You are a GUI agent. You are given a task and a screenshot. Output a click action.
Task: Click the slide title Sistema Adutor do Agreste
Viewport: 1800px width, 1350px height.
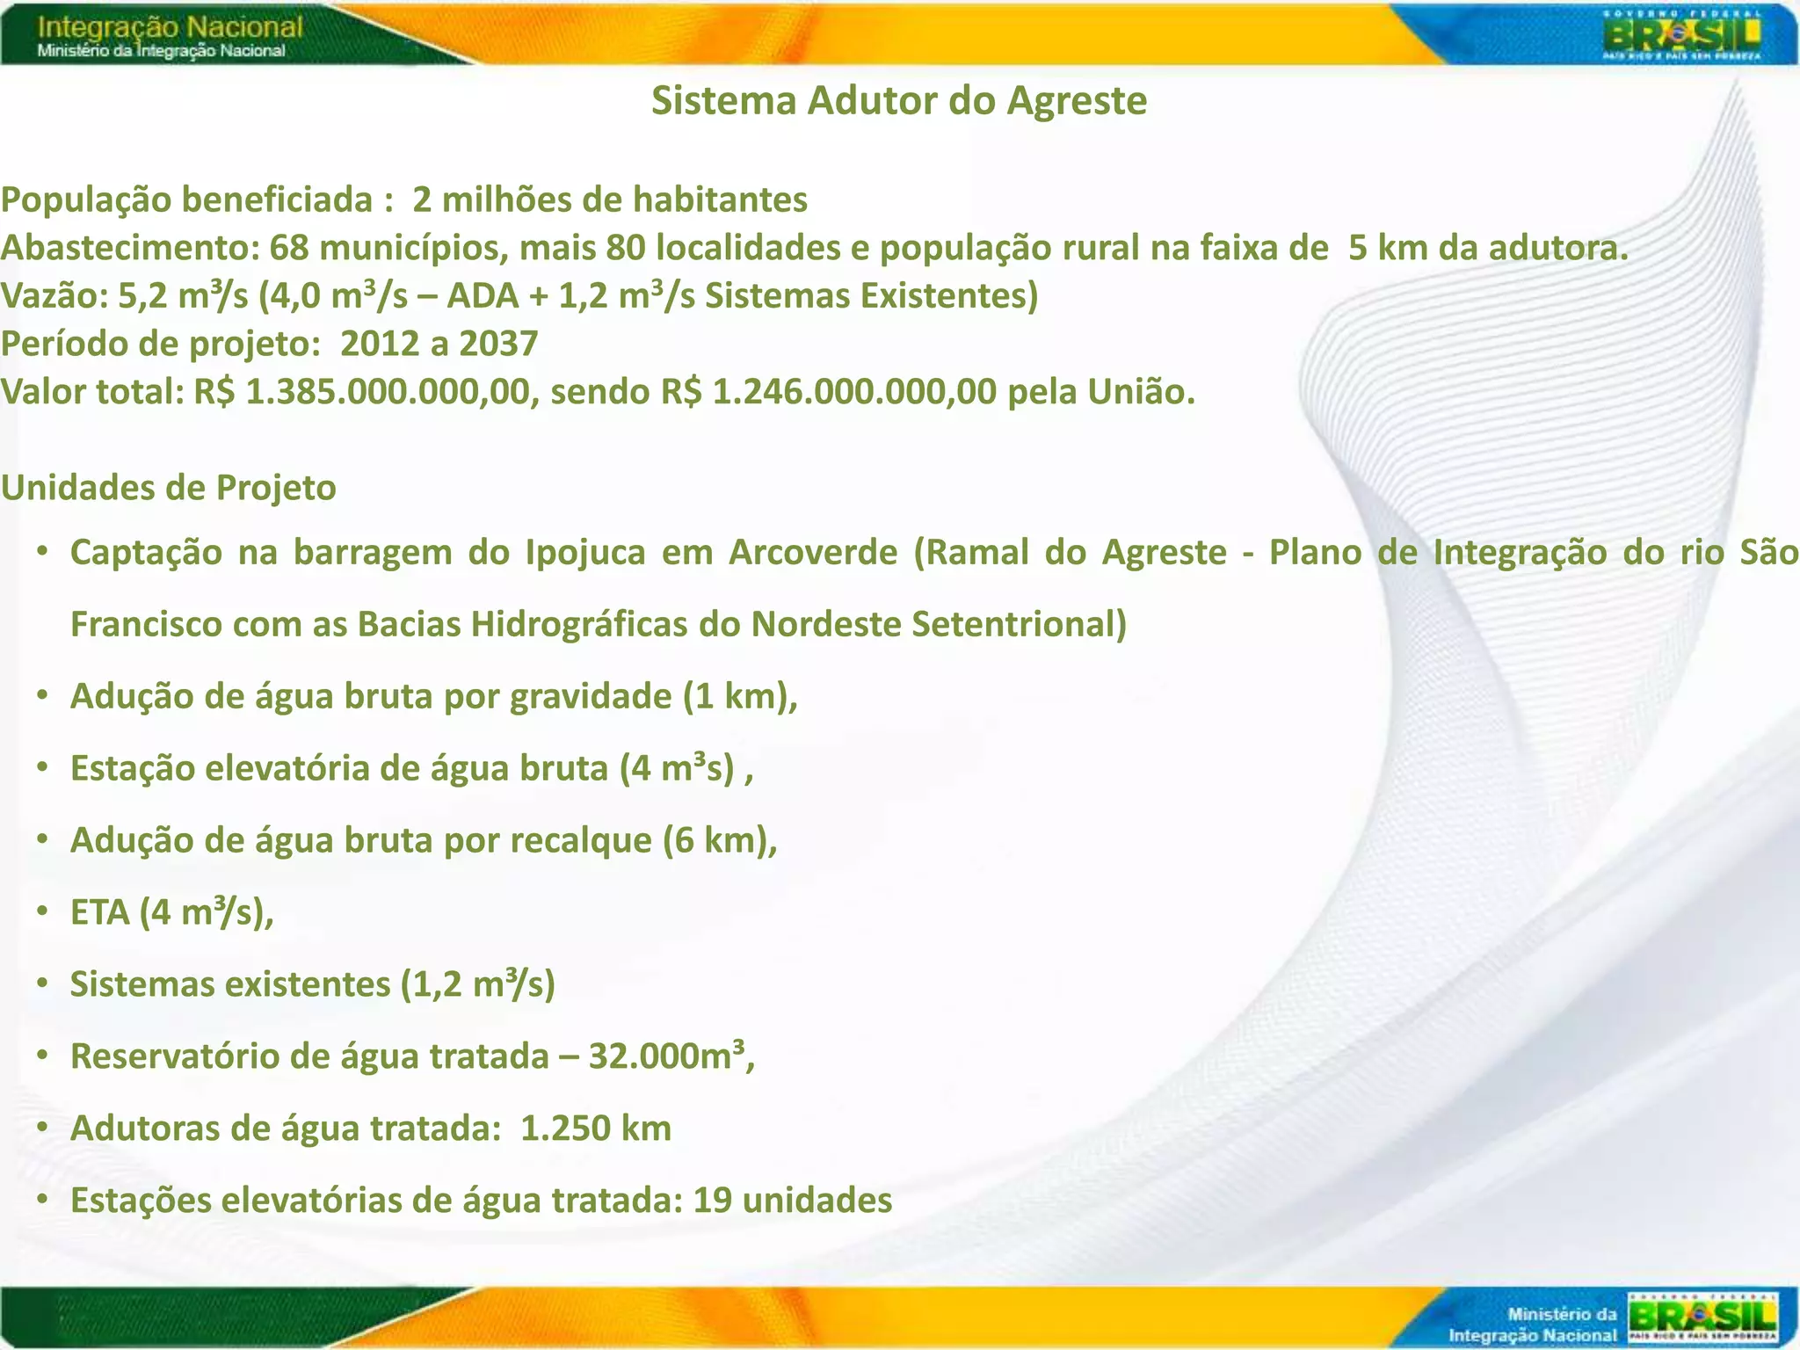tap(898, 101)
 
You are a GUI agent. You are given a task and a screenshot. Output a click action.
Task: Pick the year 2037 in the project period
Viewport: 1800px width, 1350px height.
tap(498, 344)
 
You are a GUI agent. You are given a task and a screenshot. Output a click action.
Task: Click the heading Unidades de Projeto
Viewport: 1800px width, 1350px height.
tap(169, 488)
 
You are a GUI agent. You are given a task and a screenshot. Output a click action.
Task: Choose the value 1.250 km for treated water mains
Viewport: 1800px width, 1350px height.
tap(596, 1128)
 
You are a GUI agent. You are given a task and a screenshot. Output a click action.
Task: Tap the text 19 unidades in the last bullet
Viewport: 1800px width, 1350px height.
tap(792, 1200)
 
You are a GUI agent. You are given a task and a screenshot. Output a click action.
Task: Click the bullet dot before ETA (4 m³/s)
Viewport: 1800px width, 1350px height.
tap(41, 912)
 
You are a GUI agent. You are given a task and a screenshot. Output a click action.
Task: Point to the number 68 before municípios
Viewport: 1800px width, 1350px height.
tap(289, 249)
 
